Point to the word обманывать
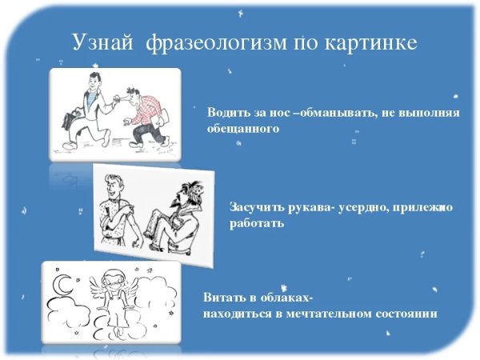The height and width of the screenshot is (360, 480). (336, 113)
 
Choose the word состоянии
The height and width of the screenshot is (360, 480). (402, 313)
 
